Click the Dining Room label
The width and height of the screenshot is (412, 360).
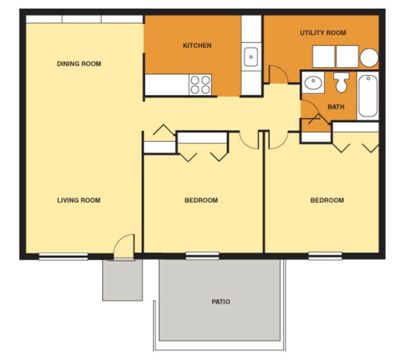[79, 64]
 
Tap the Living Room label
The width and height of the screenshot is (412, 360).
[79, 200]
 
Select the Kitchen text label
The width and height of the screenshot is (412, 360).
[197, 46]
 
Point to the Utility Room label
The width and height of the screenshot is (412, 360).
[323, 33]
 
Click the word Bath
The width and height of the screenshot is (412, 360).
[336, 106]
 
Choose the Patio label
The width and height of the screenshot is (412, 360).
[221, 302]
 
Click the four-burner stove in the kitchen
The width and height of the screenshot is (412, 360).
[200, 84]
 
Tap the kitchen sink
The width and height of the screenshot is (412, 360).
[251, 56]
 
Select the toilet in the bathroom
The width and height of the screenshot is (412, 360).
[342, 82]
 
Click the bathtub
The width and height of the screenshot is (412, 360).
[368, 96]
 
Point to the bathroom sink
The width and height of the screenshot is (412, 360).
[312, 82]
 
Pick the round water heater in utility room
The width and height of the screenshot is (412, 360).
[370, 58]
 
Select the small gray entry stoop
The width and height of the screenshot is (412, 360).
[122, 280]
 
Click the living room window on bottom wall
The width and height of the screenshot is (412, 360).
[63, 256]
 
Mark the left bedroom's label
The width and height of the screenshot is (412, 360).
[201, 200]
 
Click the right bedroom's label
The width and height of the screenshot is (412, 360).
[327, 200]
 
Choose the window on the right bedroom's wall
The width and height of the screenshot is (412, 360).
[325, 256]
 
